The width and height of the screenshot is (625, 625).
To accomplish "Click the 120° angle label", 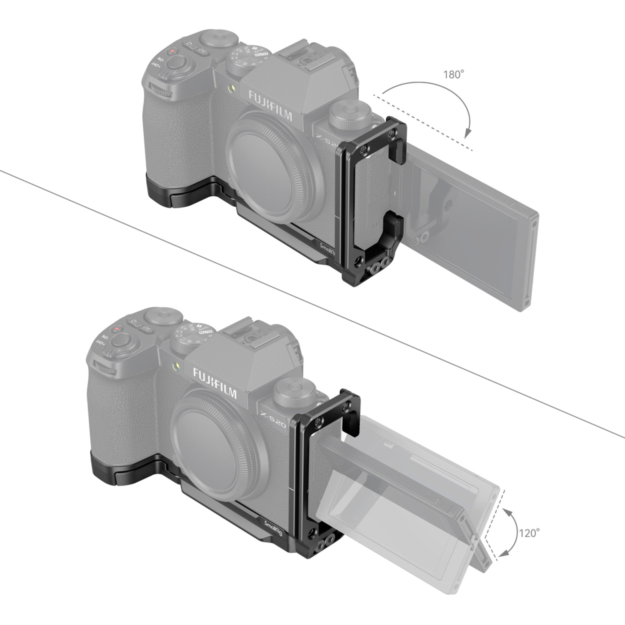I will [529, 533].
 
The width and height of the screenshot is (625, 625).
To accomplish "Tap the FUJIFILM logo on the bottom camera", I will [214, 383].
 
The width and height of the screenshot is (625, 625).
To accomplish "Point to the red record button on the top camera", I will [172, 52].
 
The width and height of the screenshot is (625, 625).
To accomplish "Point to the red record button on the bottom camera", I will [117, 329].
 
